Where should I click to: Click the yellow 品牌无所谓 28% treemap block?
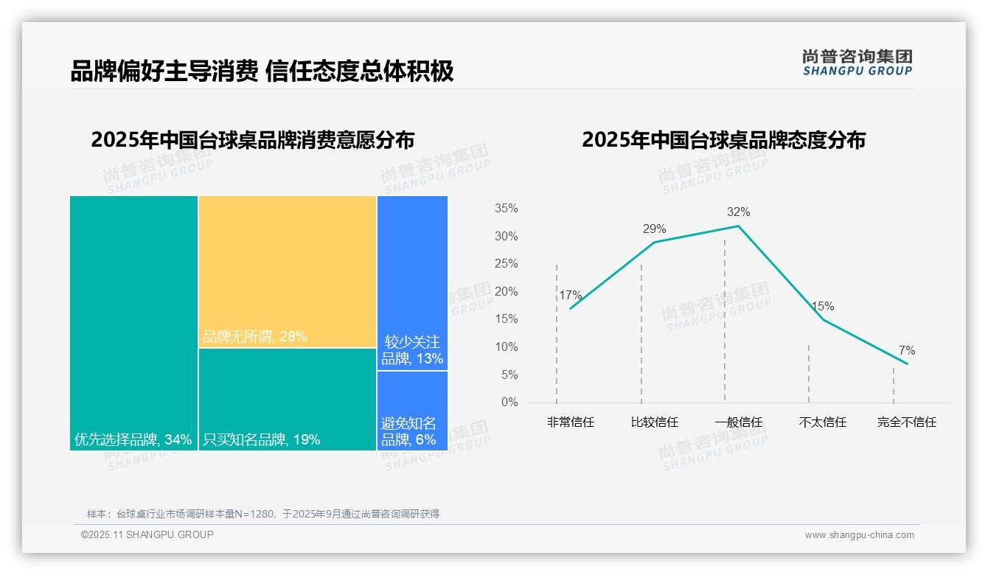pyautogui.click(x=288, y=271)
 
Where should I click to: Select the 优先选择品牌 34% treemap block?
pyautogui.click(x=133, y=323)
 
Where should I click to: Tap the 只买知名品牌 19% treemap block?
pyautogui.click(x=288, y=399)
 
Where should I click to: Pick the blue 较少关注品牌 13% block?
pyautogui.click(x=412, y=283)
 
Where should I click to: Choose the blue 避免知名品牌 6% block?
pyautogui.click(x=412, y=411)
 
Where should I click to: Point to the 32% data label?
pyautogui.click(x=738, y=212)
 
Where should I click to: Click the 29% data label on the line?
pyautogui.click(x=654, y=229)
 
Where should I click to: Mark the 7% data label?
pyautogui.click(x=906, y=351)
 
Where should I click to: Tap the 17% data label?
pyautogui.click(x=571, y=296)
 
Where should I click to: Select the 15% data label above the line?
pyautogui.click(x=822, y=307)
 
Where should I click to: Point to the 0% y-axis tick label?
pyautogui.click(x=509, y=402)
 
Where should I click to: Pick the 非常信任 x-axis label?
pyautogui.click(x=571, y=422)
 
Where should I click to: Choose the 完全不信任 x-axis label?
pyautogui.click(x=906, y=422)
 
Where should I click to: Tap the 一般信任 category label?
pyautogui.click(x=738, y=422)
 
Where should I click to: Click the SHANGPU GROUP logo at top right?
pyautogui.click(x=857, y=63)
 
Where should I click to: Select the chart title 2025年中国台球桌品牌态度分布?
pyautogui.click(x=723, y=140)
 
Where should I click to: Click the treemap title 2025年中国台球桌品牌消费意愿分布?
pyautogui.click(x=252, y=140)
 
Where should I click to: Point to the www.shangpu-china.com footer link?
pyautogui.click(x=859, y=535)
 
